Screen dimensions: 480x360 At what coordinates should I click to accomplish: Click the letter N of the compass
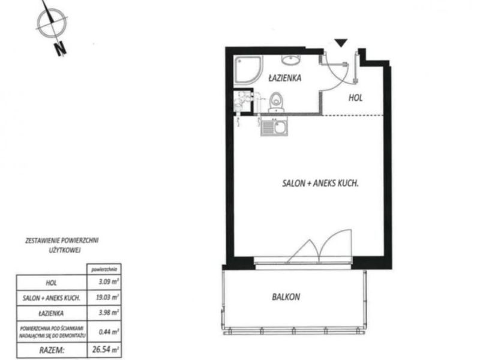pos(61,49)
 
